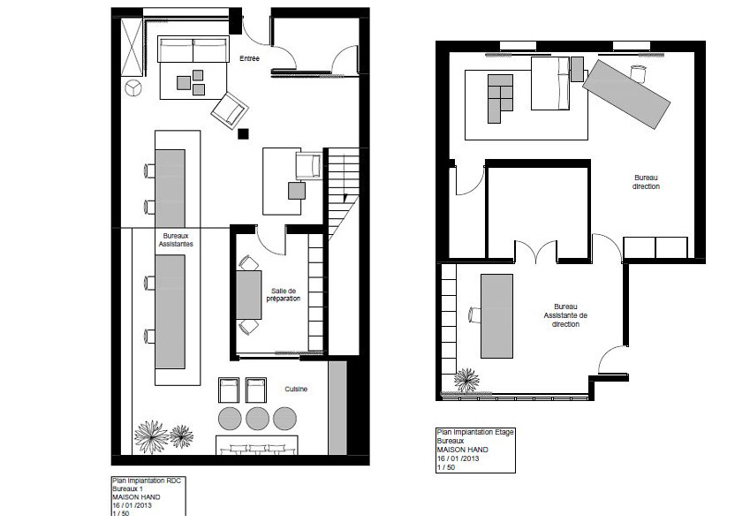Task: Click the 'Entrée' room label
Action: pyautogui.click(x=249, y=58)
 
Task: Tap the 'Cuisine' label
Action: pyautogui.click(x=296, y=389)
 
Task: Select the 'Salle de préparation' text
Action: pyautogui.click(x=284, y=295)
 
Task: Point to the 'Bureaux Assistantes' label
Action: pyautogui.click(x=176, y=239)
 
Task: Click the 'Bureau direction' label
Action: pyautogui.click(x=647, y=182)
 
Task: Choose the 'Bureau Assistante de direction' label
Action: pyautogui.click(x=565, y=315)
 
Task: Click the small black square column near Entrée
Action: pyautogui.click(x=243, y=134)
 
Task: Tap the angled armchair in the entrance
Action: pyautogui.click(x=230, y=110)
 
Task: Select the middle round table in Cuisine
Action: pyautogui.click(x=257, y=419)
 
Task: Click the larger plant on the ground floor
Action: pyautogui.click(x=151, y=436)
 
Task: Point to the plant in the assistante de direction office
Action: pyautogui.click(x=466, y=381)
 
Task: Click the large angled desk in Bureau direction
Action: pyautogui.click(x=626, y=95)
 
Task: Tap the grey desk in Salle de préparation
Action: pyautogui.click(x=249, y=295)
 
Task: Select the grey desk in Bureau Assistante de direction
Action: pyautogui.click(x=497, y=316)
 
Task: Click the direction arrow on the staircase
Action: pyautogui.click(x=345, y=197)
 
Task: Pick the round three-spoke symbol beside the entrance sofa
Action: pyautogui.click(x=133, y=88)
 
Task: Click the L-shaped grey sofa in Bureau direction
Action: pyautogui.click(x=500, y=99)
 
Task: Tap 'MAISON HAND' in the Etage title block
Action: pyautogui.click(x=463, y=450)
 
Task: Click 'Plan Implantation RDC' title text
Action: pyautogui.click(x=147, y=481)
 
